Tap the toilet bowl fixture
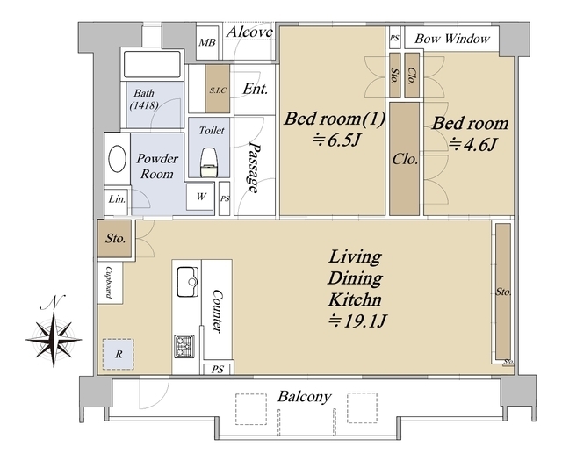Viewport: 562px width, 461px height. pyautogui.click(x=209, y=162)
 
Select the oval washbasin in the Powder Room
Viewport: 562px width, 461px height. pyautogui.click(x=117, y=158)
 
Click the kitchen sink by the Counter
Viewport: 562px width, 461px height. pyautogui.click(x=187, y=282)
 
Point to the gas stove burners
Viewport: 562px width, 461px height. pyautogui.click(x=184, y=346)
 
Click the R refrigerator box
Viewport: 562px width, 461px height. pyautogui.click(x=119, y=354)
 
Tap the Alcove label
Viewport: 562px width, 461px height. pyautogui.click(x=249, y=32)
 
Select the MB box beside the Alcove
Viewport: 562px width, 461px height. pyautogui.click(x=207, y=43)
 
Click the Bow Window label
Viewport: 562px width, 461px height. pyautogui.click(x=452, y=39)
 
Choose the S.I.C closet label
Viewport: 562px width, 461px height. pyautogui.click(x=218, y=90)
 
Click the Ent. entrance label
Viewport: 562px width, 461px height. pyautogui.click(x=256, y=89)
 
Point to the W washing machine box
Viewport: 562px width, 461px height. pyautogui.click(x=201, y=196)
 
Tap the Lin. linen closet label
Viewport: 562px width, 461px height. pyautogui.click(x=117, y=199)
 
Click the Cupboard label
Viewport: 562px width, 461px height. pyautogui.click(x=109, y=283)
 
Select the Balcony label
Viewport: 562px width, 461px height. pyautogui.click(x=305, y=397)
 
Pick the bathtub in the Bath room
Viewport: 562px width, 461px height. pyautogui.click(x=152, y=64)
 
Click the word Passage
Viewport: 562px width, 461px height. pyautogui.click(x=254, y=168)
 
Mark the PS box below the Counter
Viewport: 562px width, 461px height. pyautogui.click(x=218, y=369)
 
